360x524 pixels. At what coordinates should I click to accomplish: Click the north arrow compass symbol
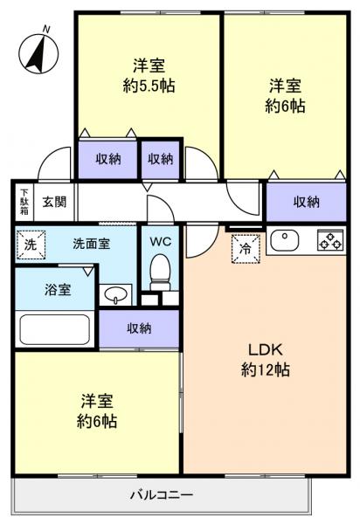coord(38,52)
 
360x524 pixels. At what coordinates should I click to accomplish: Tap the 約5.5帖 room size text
coord(149,86)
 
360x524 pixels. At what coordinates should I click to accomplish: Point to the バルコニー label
coord(162,495)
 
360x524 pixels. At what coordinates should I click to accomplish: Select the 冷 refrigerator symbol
coord(244,248)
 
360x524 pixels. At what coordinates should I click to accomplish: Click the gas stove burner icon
coord(329,241)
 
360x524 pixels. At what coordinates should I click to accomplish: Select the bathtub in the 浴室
coord(54,330)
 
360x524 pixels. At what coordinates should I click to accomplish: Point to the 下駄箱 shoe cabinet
coord(24,203)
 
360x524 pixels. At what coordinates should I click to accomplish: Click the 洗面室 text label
coord(91,245)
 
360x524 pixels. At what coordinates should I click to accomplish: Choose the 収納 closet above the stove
coord(306,202)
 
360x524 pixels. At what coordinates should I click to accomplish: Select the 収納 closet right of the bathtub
coord(139,328)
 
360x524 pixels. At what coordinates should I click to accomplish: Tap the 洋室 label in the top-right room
coord(286,86)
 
